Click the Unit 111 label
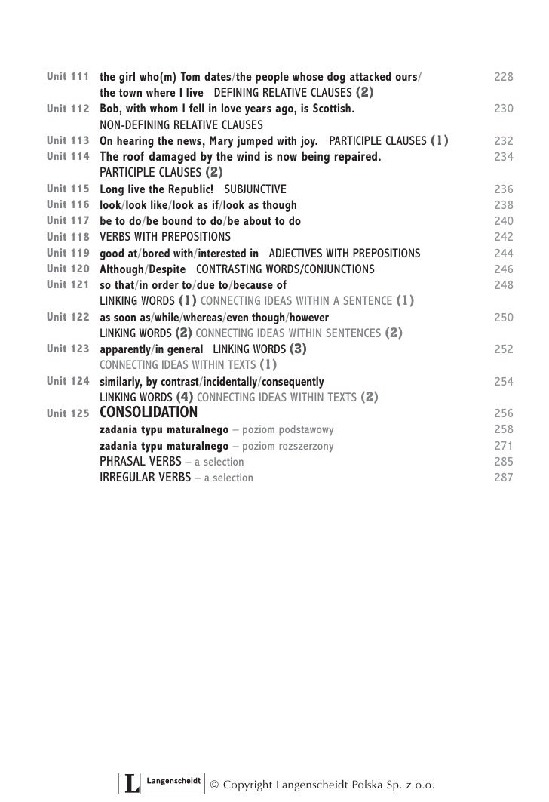[68, 77]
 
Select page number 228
[504, 77]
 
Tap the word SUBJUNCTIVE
[256, 189]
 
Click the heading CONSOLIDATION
[149, 413]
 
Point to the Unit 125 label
[68, 413]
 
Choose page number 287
[504, 478]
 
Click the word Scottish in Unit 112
[331, 109]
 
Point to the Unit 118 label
[68, 237]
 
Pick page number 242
[504, 237]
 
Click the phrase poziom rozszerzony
[295, 446]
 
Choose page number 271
[504, 446]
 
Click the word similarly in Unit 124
[121, 382]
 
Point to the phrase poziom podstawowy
[295, 429]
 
